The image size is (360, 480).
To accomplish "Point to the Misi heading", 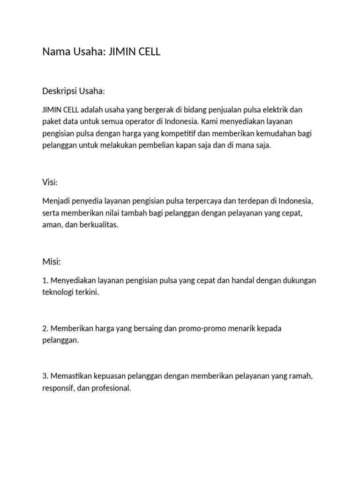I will pyautogui.click(x=51, y=261).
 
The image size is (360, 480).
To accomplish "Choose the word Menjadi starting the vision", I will pyautogui.click(x=56, y=201).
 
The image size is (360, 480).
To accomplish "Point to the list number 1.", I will pyautogui.click(x=45, y=280).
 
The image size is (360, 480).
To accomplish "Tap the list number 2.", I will pyautogui.click(x=45, y=329).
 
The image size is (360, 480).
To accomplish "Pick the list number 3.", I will pyautogui.click(x=45, y=376).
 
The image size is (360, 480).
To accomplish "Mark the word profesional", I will pyautogui.click(x=114, y=389).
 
